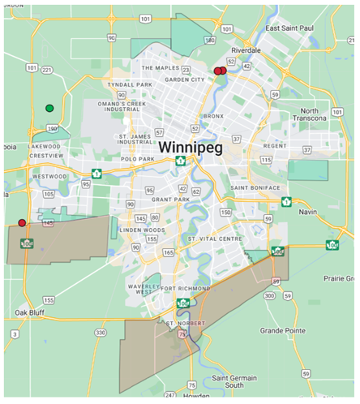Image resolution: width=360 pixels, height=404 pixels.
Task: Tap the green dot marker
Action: tap(49, 108)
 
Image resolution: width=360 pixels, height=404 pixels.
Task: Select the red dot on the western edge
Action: tap(22, 222)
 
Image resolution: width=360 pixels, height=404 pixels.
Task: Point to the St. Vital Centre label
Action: tap(216, 239)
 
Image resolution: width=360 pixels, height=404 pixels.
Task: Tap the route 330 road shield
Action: tap(100, 333)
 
